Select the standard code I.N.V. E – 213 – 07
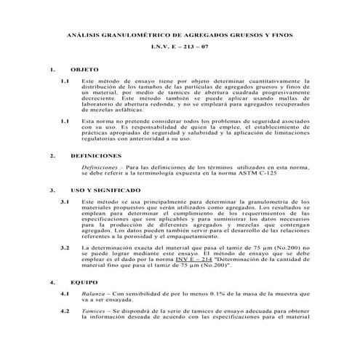pos(180,47)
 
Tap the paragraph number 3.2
pos(65,248)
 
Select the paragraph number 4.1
pos(65,292)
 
